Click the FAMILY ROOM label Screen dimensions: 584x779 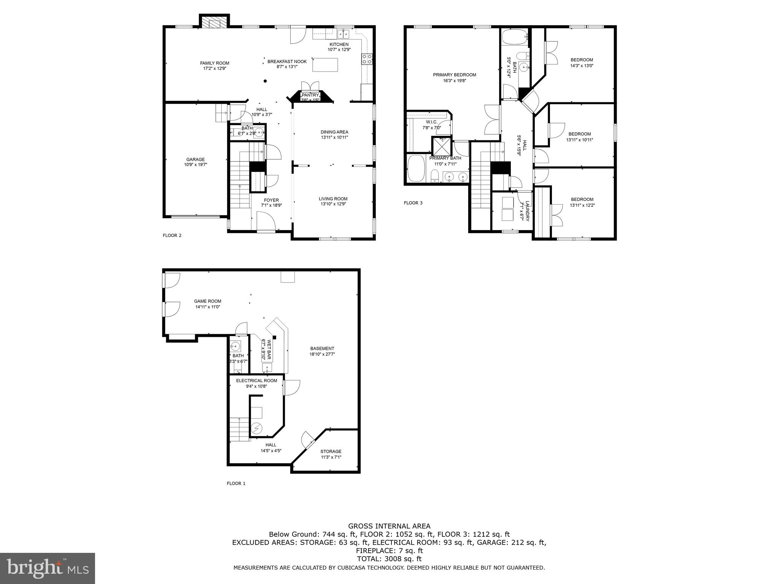215,63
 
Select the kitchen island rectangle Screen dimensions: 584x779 325,65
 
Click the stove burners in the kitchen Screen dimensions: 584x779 367,59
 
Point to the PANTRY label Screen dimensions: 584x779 310,95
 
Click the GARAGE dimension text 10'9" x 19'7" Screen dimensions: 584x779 195,165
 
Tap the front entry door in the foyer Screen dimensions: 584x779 266,222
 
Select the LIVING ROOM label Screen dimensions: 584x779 333,198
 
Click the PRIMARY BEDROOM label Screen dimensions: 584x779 454,75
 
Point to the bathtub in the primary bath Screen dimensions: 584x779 415,168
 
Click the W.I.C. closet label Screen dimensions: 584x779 431,122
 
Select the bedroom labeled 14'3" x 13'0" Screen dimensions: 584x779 582,63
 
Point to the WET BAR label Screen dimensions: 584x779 269,350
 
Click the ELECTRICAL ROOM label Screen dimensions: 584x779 256,381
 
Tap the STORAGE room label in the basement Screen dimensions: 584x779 331,451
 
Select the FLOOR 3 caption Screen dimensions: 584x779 413,203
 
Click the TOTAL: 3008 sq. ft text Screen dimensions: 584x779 389,559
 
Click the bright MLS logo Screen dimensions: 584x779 48,568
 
